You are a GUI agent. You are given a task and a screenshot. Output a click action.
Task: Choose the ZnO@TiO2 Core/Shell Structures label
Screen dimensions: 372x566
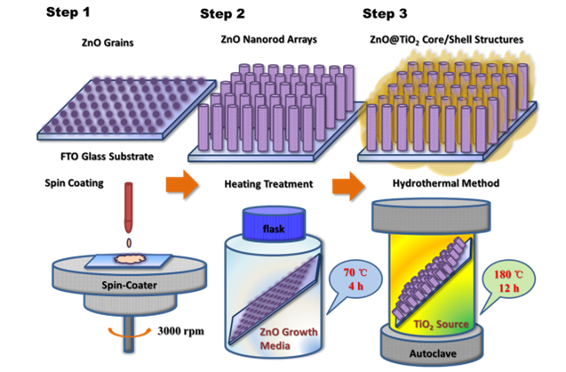click(x=446, y=40)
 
